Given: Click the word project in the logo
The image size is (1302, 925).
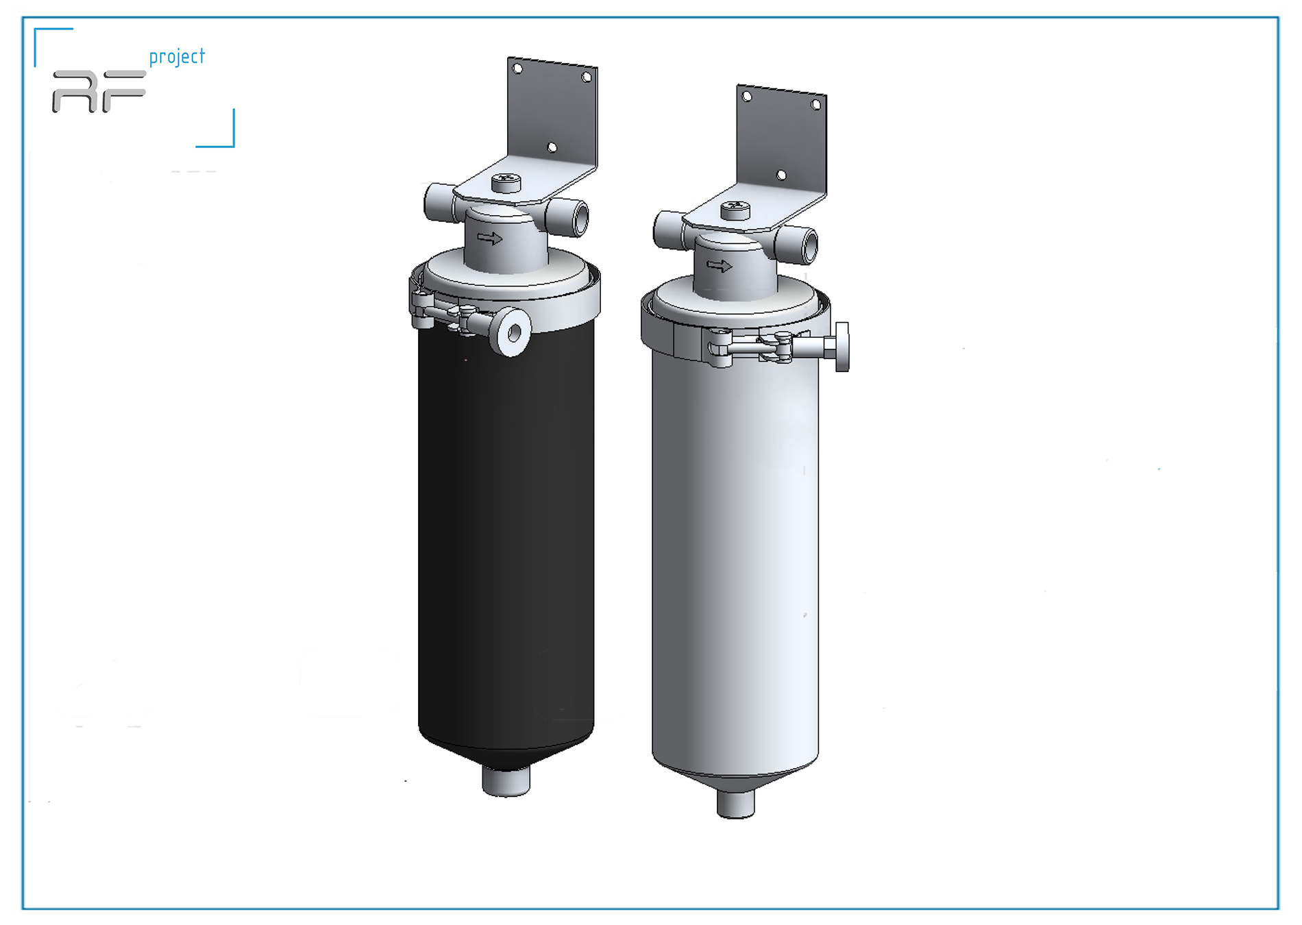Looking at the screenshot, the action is pyautogui.click(x=177, y=57).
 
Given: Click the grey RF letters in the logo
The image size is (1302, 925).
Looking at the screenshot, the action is pyautogui.click(x=99, y=91).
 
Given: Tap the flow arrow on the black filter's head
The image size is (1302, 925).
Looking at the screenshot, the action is pyautogui.click(x=490, y=238).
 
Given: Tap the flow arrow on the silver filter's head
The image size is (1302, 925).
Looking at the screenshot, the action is pyautogui.click(x=720, y=266).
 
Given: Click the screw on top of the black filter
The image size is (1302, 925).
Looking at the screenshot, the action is pyautogui.click(x=506, y=182).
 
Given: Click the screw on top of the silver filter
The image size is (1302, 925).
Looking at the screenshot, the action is pyautogui.click(x=735, y=209).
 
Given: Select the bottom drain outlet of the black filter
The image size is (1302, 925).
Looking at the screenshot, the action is pyautogui.click(x=506, y=781).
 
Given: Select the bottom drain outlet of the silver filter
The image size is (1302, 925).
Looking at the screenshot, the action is pyautogui.click(x=735, y=804).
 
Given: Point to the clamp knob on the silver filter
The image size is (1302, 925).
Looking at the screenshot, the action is pyautogui.click(x=842, y=347).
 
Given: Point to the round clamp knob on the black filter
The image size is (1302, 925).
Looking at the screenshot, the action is pyautogui.click(x=513, y=332).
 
